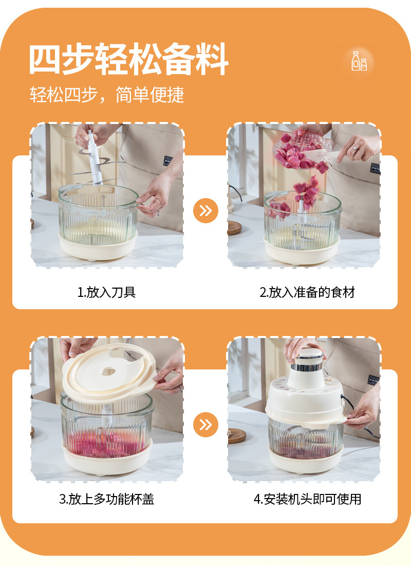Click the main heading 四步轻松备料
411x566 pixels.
tap(128, 60)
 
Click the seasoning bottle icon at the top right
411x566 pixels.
tap(359, 61)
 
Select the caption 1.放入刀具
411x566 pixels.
tap(107, 292)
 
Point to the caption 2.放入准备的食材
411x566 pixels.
tap(307, 292)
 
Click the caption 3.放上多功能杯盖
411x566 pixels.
tap(107, 499)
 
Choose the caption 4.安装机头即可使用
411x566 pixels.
tap(307, 499)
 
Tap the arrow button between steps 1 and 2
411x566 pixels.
tap(206, 211)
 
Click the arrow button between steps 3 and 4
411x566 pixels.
tap(206, 424)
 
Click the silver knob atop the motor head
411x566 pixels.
tap(306, 355)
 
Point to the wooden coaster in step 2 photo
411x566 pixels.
tap(234, 227)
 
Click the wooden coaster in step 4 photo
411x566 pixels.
tap(236, 435)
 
